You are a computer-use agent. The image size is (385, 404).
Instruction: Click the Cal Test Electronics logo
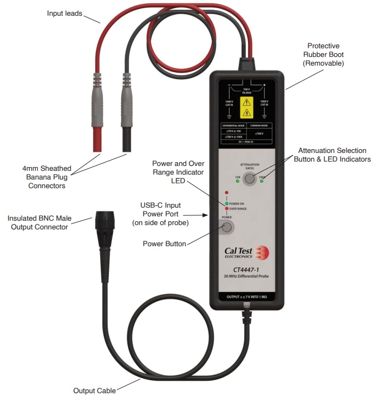tap(247, 253)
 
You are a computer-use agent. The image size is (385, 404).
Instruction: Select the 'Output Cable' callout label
tap(94, 390)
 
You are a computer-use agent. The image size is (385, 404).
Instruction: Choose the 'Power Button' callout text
tap(164, 243)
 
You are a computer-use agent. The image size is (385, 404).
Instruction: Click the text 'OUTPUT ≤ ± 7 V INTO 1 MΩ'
tap(247, 297)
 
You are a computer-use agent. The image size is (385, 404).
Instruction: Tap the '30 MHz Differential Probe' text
tap(247, 278)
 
